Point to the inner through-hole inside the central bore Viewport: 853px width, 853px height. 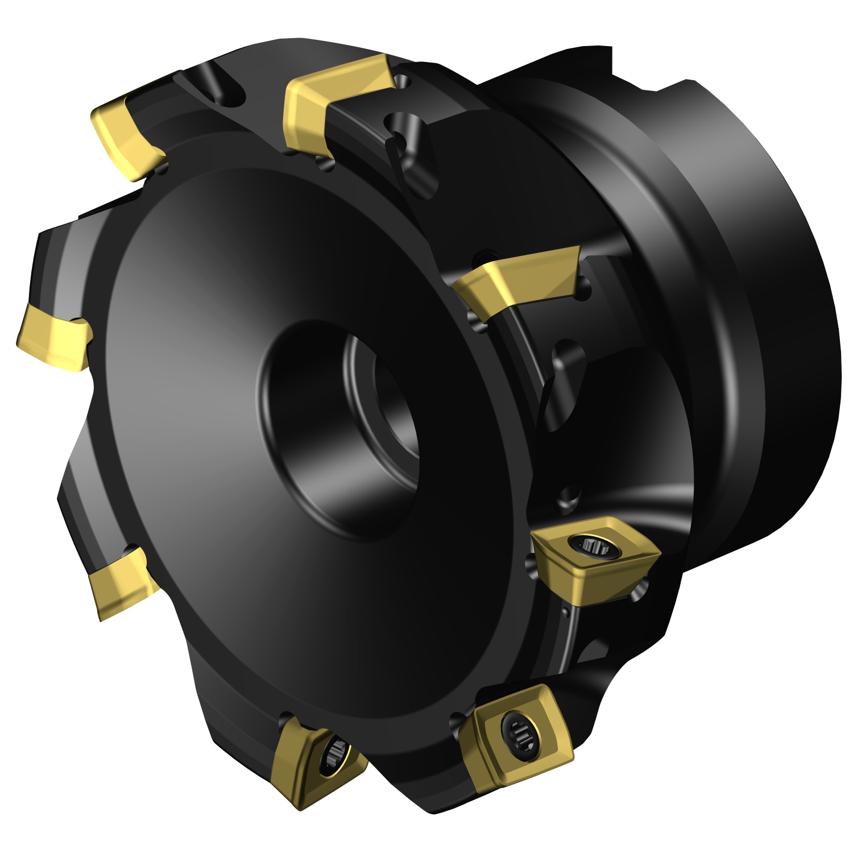point(392,398)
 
